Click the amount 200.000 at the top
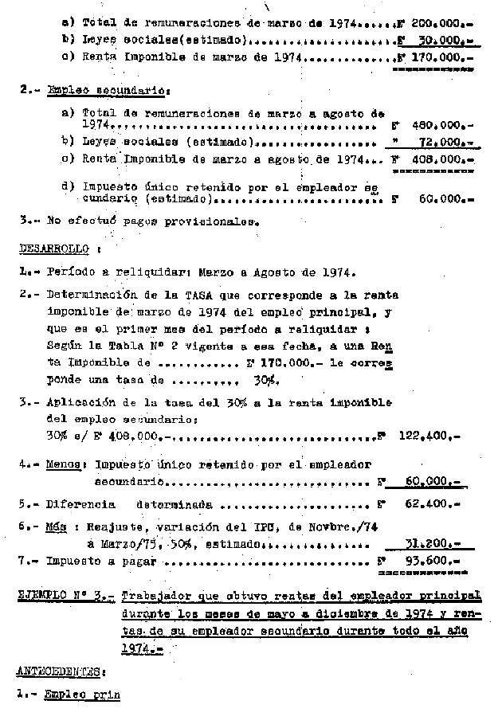(442, 23)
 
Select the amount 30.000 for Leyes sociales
(445, 39)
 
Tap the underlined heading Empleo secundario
(81, 91)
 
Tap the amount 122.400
(437, 436)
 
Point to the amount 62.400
(437, 504)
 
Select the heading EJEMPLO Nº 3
(70, 597)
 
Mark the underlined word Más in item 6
(55, 526)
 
